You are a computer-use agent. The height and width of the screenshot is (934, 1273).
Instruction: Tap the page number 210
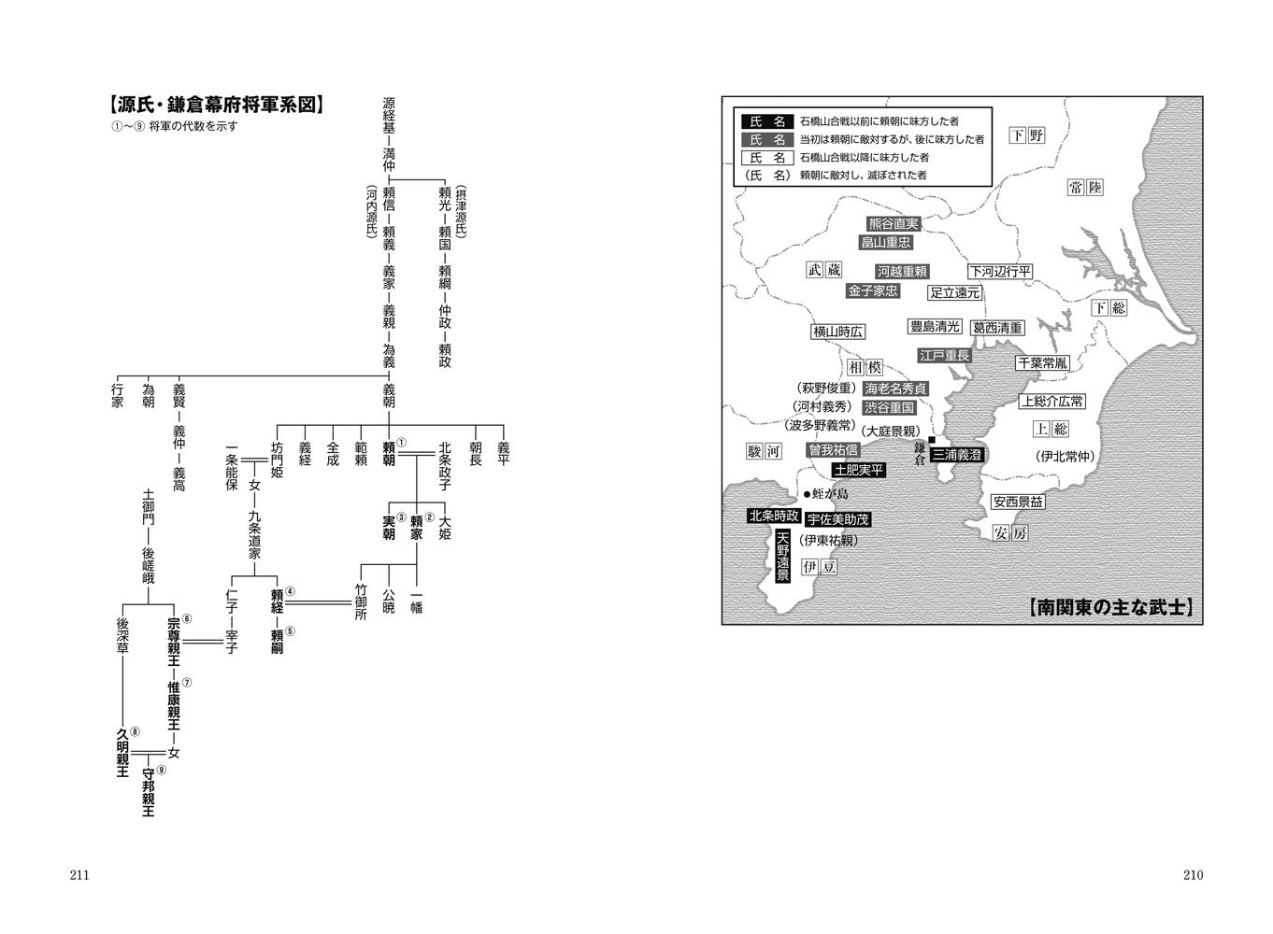click(x=1193, y=875)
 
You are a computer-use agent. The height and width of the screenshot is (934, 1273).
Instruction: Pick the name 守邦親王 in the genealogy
click(x=148, y=792)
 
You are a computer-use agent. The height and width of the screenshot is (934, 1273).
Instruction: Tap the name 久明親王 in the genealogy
click(x=122, y=753)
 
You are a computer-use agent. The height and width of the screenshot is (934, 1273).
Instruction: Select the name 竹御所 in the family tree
click(x=362, y=601)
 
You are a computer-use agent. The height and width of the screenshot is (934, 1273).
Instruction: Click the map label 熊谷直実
click(x=894, y=224)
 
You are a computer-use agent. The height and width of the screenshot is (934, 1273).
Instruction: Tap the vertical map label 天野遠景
click(x=783, y=557)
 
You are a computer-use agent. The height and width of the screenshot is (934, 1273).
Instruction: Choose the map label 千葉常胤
click(x=1042, y=362)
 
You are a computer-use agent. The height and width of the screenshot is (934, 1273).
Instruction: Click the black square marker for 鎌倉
click(x=931, y=440)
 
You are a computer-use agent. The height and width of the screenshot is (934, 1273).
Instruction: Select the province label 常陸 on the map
click(x=1085, y=188)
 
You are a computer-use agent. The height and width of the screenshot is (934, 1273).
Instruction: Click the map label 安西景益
click(x=1018, y=502)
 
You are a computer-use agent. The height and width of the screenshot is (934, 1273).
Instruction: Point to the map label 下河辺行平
click(x=999, y=271)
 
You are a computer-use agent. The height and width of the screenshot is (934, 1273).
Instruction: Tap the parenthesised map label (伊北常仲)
click(x=1064, y=457)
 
